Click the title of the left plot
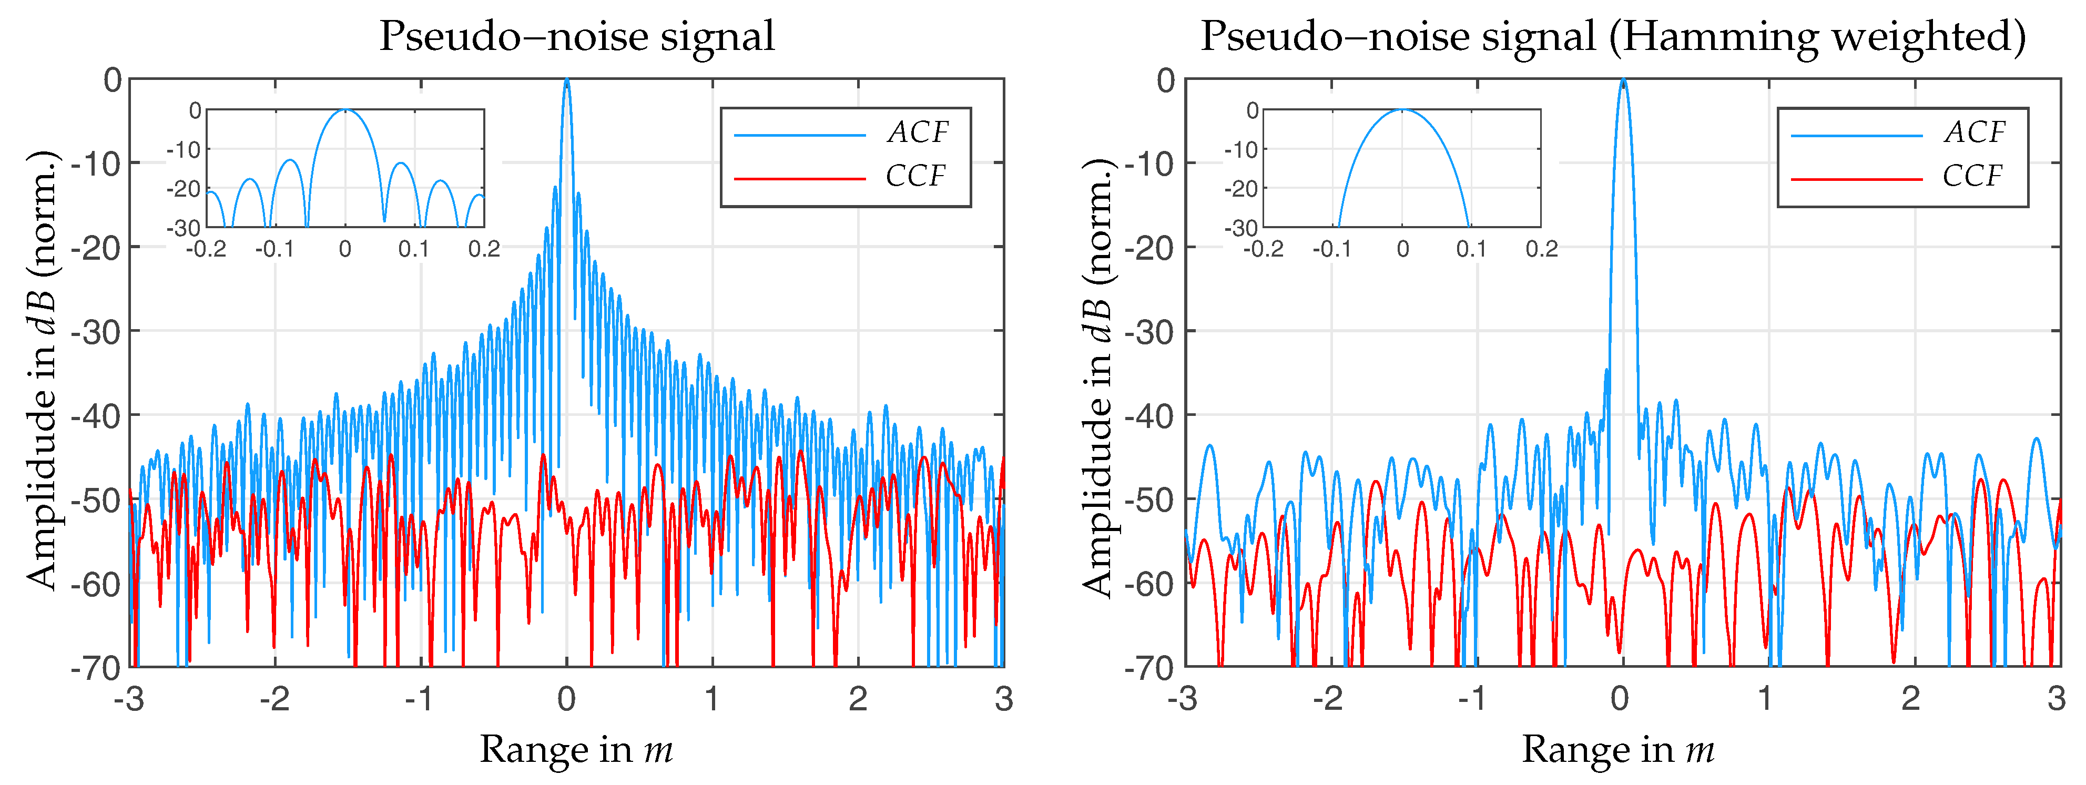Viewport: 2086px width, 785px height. [576, 36]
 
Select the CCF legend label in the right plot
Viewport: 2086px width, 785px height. [1972, 176]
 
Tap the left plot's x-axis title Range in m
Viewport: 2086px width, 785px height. [576, 749]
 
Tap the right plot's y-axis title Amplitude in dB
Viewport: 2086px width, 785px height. [1098, 376]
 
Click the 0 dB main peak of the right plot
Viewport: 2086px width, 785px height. [1623, 81]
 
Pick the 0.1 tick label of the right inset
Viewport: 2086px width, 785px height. [1471, 249]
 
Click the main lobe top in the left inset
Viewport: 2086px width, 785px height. [345, 111]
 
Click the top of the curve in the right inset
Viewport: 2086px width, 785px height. [1402, 111]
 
